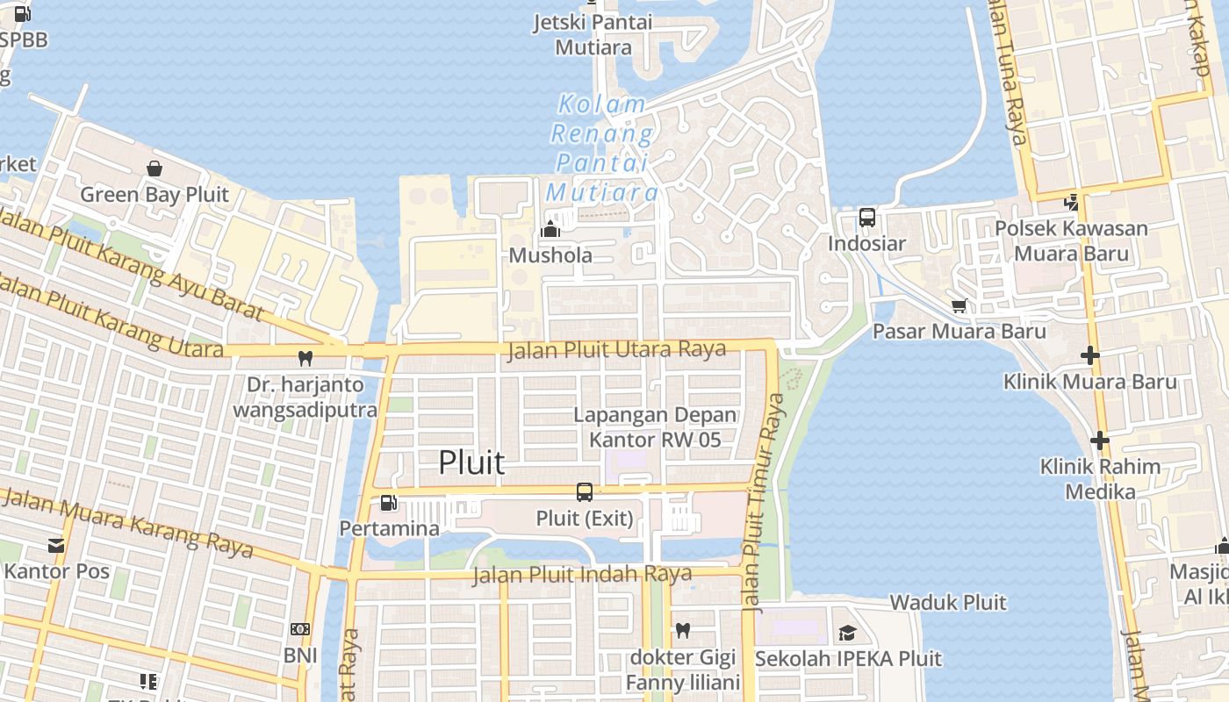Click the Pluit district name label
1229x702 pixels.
pos(471,462)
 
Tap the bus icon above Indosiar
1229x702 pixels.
pos(866,217)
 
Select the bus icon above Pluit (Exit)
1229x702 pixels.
pos(585,492)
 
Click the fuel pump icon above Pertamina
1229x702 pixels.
pos(389,503)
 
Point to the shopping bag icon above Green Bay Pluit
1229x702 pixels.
pos(155,168)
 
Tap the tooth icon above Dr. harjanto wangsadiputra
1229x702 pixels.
pos(305,358)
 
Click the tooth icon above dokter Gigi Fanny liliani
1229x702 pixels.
pos(683,630)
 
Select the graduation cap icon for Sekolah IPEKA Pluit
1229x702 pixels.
pos(847,633)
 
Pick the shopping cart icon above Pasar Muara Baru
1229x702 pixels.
pos(959,305)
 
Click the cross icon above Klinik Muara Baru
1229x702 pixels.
pos(1089,355)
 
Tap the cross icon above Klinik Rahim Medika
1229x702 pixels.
pos(1099,440)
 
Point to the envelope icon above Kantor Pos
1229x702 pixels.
pos(56,545)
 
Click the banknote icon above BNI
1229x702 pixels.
pos(300,629)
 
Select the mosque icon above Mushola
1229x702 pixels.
pos(550,229)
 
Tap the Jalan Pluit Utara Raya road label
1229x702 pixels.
pos(617,350)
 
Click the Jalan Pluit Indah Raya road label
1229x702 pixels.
pos(582,576)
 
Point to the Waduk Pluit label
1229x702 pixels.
pos(948,603)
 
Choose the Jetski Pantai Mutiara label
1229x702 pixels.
pos(593,34)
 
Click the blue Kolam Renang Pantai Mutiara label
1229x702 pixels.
pos(602,148)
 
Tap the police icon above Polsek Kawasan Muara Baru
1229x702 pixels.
pos(1071,202)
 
